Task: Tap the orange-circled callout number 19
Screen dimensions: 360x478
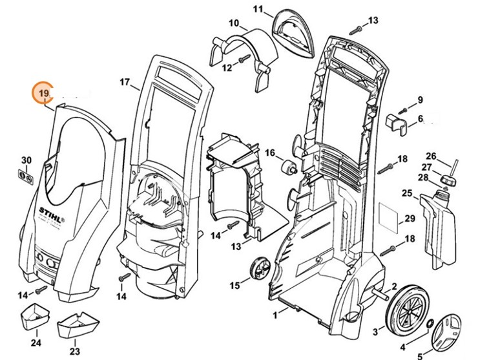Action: (x=44, y=94)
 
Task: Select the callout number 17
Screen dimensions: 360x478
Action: (x=125, y=82)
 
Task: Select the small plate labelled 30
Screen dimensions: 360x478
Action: (x=26, y=175)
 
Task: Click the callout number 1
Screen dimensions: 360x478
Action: (x=275, y=315)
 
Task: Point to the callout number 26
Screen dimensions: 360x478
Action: (x=431, y=156)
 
